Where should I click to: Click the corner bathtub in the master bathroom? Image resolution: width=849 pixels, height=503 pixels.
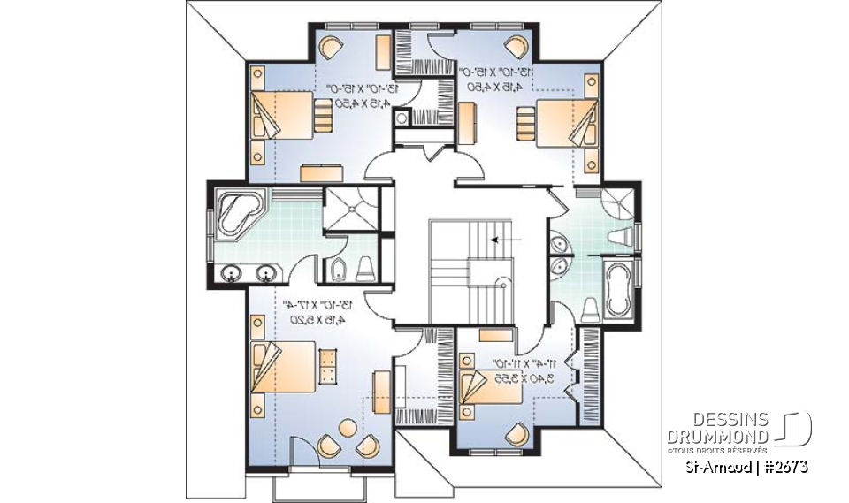[x=235, y=212]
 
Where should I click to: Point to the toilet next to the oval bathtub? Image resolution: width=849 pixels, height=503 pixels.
[x=590, y=307]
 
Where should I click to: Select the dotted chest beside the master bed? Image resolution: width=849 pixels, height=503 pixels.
[x=328, y=366]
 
